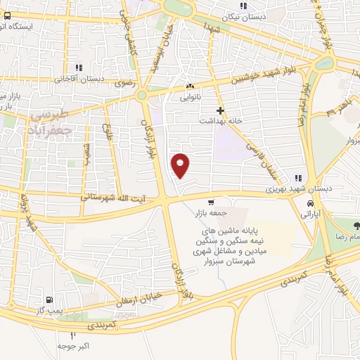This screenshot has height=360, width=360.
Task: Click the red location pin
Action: (x=181, y=165)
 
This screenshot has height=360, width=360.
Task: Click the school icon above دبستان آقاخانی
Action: (x=79, y=67)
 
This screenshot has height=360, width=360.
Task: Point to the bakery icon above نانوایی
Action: (x=190, y=87)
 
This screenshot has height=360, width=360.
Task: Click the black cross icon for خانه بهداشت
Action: (x=221, y=110)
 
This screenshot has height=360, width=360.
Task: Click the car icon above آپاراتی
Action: (x=309, y=203)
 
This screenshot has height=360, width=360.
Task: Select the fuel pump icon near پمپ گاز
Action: (x=48, y=298)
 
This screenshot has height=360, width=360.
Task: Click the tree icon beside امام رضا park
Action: (x=356, y=226)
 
